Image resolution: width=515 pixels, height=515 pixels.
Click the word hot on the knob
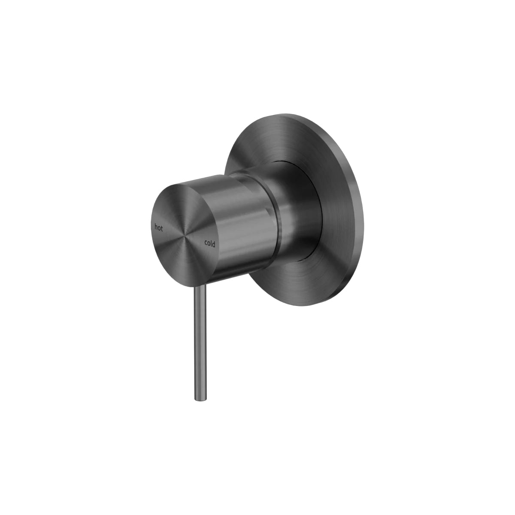tap(159, 227)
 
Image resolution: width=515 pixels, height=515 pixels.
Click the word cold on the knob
tap(210, 244)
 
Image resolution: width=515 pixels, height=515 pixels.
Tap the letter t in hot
tap(162, 228)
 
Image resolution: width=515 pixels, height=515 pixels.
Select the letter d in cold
tap(214, 245)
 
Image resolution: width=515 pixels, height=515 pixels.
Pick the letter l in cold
tap(212, 244)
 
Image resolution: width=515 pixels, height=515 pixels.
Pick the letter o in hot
tap(159, 227)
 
